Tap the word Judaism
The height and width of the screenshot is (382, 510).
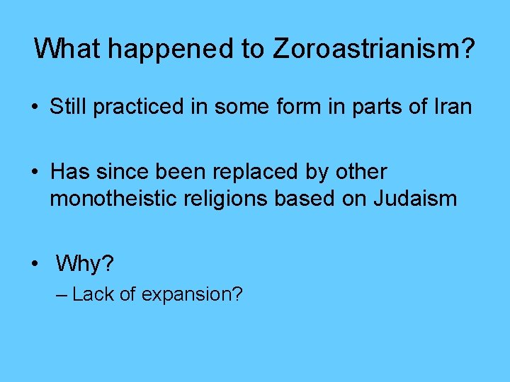[x=414, y=199]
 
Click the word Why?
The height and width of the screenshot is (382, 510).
[x=84, y=265]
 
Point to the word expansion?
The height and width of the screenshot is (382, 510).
[x=192, y=294]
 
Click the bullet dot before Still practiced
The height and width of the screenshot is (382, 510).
[x=34, y=108]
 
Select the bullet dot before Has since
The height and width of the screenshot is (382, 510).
[x=34, y=173]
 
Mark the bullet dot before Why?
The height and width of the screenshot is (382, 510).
[x=34, y=265]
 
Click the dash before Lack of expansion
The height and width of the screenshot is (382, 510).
[x=61, y=294]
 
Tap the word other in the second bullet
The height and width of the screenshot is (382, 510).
[x=363, y=172]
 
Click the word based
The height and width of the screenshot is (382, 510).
[x=305, y=199]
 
